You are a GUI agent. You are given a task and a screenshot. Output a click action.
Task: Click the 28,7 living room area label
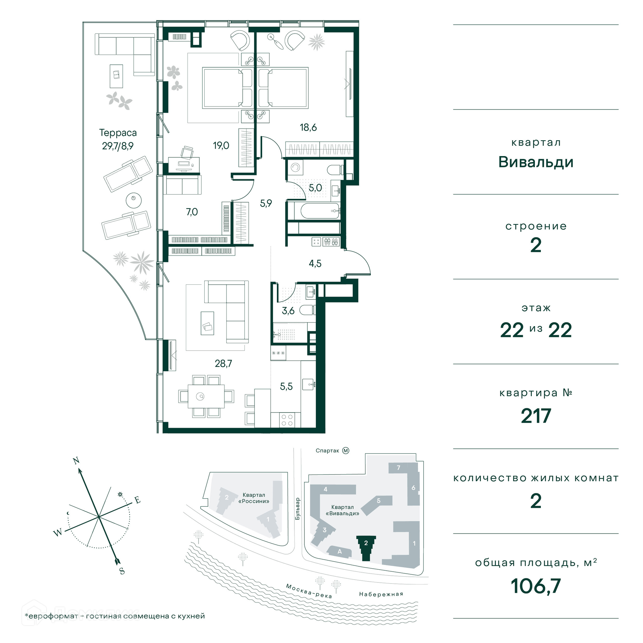coord(223,363)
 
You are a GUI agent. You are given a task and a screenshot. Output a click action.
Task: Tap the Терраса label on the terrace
coord(118,133)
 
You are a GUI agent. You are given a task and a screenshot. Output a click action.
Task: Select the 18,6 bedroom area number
coord(308,127)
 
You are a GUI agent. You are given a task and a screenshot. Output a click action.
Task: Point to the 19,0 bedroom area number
coord(221,145)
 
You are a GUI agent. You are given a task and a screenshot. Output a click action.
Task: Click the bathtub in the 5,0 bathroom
coord(319,211)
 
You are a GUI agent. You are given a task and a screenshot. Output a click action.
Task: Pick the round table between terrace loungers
coord(134,201)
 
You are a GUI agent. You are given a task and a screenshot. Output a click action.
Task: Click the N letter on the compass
coord(76,460)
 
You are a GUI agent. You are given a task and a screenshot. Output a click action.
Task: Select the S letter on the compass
coord(122,571)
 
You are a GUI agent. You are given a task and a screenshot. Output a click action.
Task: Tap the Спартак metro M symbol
coord(346,451)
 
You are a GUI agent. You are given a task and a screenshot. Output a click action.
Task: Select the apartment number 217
coord(536,416)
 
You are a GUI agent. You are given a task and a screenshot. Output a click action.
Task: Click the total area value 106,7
coord(536,586)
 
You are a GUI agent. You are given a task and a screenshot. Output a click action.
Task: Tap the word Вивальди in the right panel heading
coord(536,162)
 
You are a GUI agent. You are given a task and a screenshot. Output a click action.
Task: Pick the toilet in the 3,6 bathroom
coord(307,310)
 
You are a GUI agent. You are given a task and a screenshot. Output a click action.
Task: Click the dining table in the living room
coord(206,397)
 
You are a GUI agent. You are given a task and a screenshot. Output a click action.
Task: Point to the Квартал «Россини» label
coord(254,498)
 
